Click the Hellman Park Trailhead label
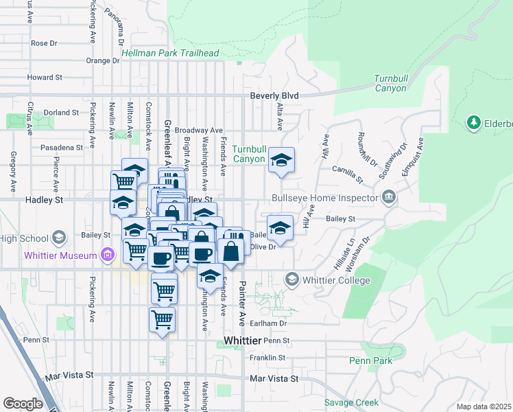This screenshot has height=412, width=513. [x=170, y=53]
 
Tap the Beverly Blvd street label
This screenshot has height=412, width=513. [x=274, y=95]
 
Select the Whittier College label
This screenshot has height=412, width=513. [x=336, y=280]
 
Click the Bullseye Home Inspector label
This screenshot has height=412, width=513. [x=325, y=198]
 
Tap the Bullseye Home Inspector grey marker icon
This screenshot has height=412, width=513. [x=389, y=198]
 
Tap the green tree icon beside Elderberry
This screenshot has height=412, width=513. [x=473, y=123]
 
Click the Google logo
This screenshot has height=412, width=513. [x=23, y=404]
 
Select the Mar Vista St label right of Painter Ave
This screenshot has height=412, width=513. [x=274, y=378]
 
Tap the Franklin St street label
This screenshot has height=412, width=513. [x=267, y=358]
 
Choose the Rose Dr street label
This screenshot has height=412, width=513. [x=44, y=43]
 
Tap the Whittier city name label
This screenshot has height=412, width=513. [x=242, y=341]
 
